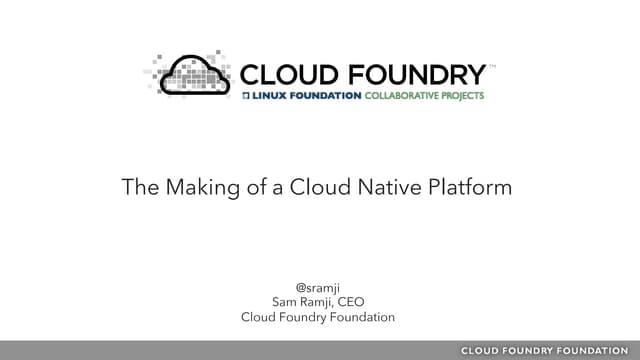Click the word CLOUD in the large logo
286,74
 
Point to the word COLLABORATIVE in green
395,96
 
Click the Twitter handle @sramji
319,285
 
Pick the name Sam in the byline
285,301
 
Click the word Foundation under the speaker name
361,318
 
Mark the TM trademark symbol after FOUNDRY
490,65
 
